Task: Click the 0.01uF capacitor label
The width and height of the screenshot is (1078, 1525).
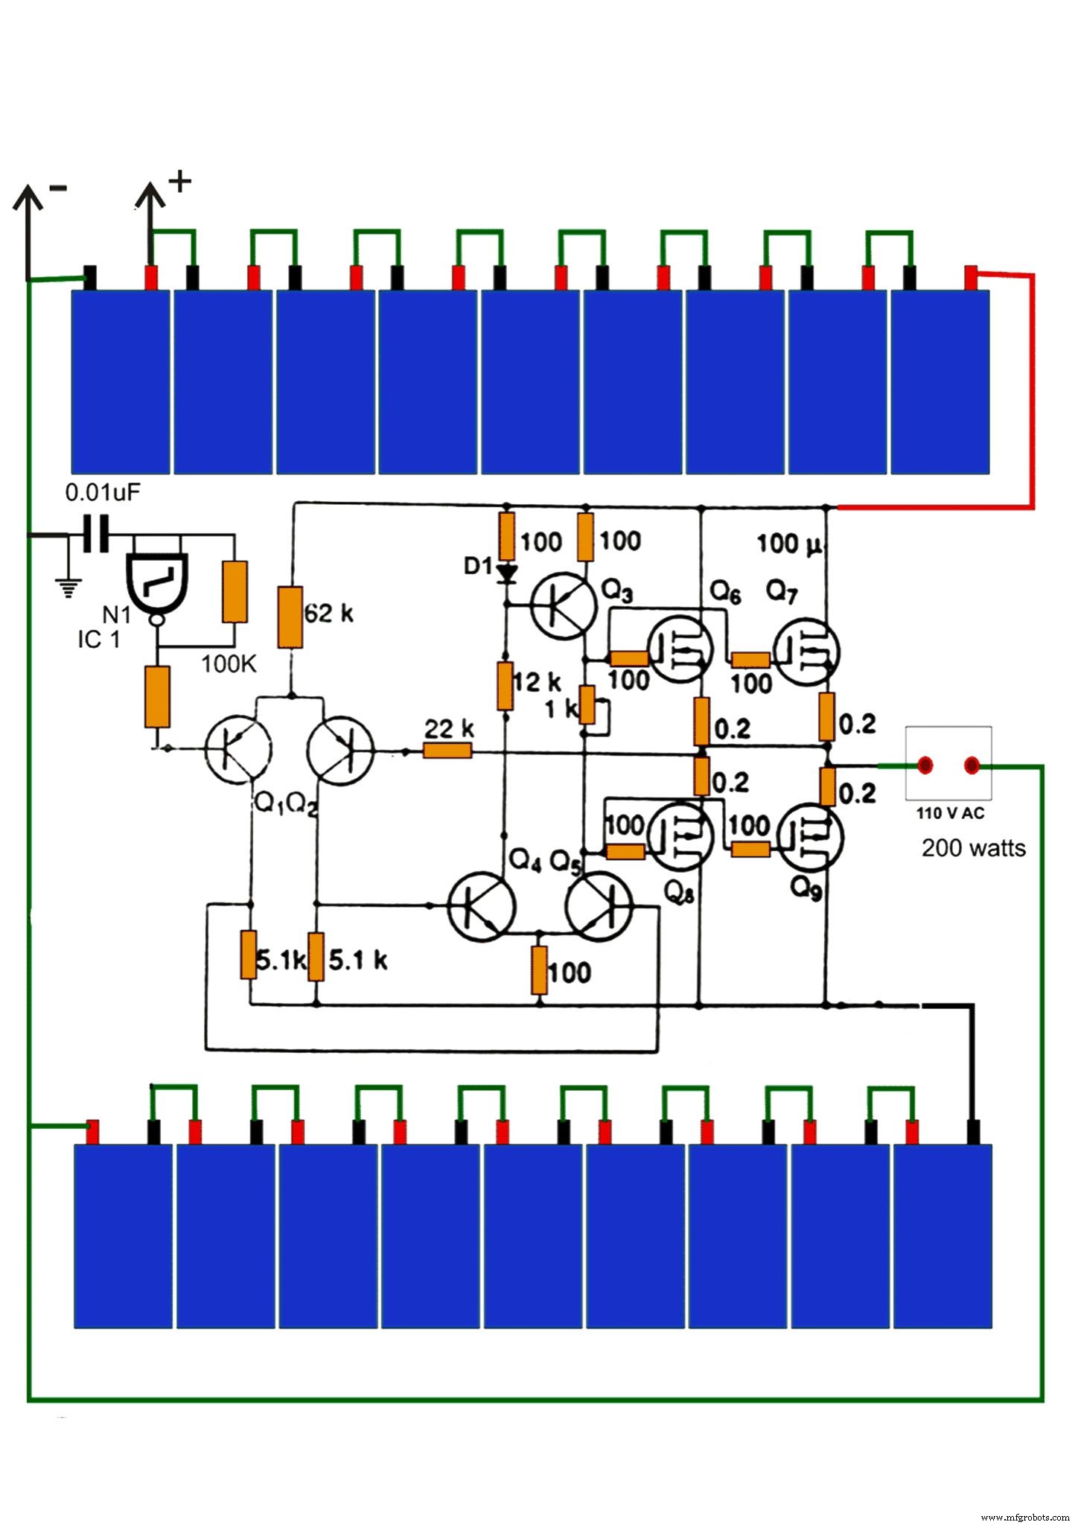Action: coord(102,492)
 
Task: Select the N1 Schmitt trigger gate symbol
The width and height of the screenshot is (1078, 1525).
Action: coord(157,582)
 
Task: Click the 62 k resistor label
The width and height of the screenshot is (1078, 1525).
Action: coord(328,614)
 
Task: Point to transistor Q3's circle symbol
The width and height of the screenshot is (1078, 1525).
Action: coord(564,605)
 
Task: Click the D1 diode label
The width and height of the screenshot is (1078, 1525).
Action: coord(478,567)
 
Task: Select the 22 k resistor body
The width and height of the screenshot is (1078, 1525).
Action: coord(447,751)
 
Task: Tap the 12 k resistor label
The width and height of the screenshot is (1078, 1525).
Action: coord(537,681)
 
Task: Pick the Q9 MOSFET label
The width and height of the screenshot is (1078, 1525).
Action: coord(806,888)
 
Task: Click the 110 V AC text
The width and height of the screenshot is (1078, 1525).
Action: coord(950,813)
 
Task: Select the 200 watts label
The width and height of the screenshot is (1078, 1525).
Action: coord(973,847)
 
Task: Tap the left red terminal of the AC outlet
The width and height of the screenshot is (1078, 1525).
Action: coord(925,765)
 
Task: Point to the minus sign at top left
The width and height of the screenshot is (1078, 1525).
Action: coord(58,188)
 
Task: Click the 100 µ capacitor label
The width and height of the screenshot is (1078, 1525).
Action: coord(789,544)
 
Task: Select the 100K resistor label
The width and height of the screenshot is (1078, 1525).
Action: coord(229,664)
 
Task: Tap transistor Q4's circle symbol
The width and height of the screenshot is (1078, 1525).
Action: coord(482,906)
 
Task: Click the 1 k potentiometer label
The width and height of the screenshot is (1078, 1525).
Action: coord(561,708)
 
